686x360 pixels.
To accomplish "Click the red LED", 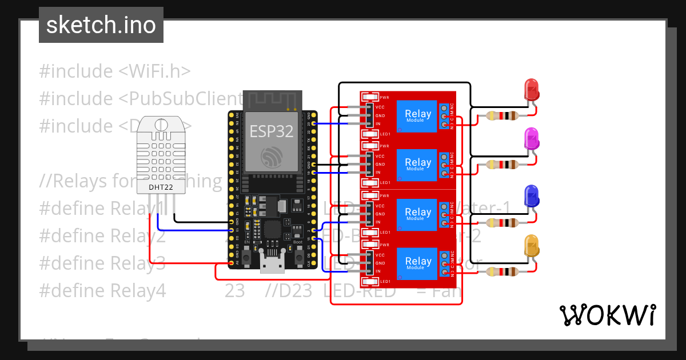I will (x=532, y=89).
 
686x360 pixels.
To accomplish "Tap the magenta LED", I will (x=532, y=139).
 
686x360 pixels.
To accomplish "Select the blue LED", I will (x=532, y=196).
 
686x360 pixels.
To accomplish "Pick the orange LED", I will (x=532, y=246).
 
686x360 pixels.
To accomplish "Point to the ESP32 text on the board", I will (x=272, y=131).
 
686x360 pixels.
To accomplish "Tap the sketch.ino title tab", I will (x=101, y=25).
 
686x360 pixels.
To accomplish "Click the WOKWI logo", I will (x=607, y=315).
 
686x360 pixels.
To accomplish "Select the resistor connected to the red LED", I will (x=501, y=116).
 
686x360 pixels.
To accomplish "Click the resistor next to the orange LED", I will (x=501, y=271).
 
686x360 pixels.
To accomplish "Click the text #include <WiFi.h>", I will (x=114, y=71).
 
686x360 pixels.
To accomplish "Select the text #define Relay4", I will (x=102, y=291).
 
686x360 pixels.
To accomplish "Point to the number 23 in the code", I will (x=234, y=291).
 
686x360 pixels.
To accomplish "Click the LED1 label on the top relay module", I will (x=384, y=134).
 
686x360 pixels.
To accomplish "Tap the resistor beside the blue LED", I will (x=501, y=222).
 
